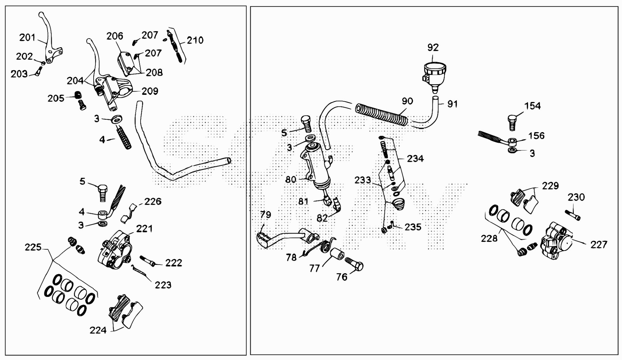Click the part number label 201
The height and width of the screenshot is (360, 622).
pyautogui.click(x=27, y=38)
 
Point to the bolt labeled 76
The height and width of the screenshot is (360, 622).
pyautogui.click(x=354, y=264)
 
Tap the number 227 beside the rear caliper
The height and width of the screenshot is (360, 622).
pyautogui.click(x=599, y=244)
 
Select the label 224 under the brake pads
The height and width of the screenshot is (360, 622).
pyautogui.click(x=98, y=330)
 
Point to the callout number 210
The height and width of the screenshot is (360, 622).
pyautogui.click(x=195, y=40)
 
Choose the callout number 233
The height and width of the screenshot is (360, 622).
pyautogui.click(x=362, y=180)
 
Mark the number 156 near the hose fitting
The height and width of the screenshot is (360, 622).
pyautogui.click(x=536, y=136)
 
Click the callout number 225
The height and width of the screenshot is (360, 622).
pyautogui.click(x=33, y=247)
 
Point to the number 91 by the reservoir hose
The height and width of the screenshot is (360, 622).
pyautogui.click(x=452, y=104)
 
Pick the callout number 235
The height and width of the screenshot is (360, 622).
pyautogui.click(x=413, y=227)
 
